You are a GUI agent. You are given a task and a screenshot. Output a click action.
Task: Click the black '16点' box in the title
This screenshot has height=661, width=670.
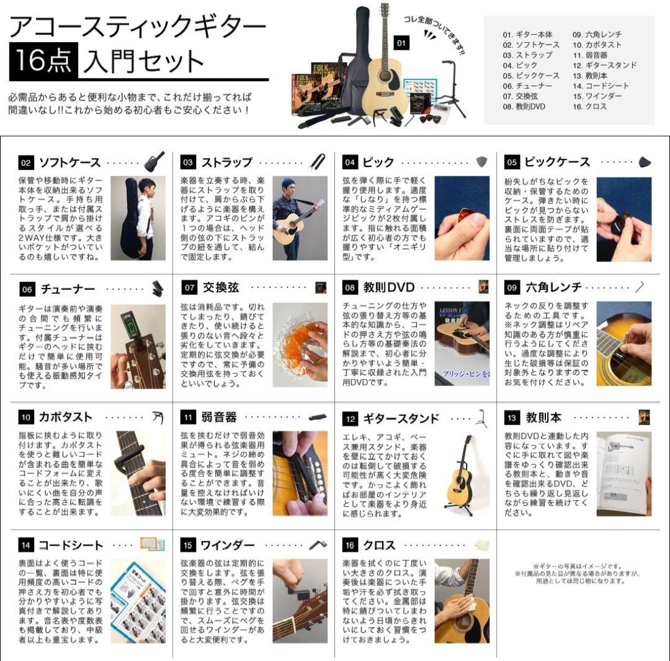tap(43, 61)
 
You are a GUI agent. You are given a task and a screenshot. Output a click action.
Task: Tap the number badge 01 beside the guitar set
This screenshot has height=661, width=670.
tap(401, 43)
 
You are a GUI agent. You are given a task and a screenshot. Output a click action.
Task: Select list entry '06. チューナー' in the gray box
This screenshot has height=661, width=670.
tap(527, 86)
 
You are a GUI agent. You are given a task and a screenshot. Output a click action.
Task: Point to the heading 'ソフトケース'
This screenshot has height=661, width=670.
tap(69, 163)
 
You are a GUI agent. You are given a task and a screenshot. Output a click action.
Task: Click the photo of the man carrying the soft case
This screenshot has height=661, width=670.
tap(138, 218)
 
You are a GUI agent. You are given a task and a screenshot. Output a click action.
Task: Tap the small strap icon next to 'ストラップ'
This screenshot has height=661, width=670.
tap(318, 162)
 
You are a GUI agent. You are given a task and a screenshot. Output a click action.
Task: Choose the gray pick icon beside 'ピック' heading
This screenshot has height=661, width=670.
tap(481, 162)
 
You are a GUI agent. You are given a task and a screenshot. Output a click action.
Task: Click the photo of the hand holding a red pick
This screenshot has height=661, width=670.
tap(462, 218)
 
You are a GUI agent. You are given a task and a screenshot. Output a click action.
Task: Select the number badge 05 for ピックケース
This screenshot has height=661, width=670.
tap(512, 163)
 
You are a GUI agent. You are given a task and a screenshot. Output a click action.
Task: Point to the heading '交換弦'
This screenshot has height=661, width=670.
tap(220, 288)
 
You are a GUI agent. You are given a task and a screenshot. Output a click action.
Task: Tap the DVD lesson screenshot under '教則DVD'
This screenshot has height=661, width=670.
tap(462, 344)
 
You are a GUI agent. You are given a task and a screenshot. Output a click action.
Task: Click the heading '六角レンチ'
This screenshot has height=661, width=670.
tap(553, 287)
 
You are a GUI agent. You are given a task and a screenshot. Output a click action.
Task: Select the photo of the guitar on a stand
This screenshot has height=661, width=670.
tap(462, 474)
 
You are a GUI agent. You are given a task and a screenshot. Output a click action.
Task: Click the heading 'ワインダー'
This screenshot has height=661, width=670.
tap(227, 545)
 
